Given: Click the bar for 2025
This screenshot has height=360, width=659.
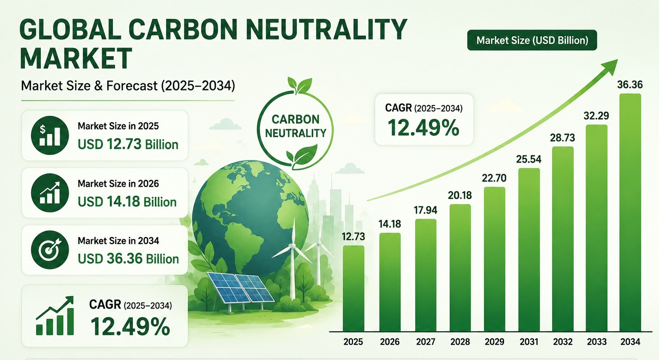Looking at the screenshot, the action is pos(354,288).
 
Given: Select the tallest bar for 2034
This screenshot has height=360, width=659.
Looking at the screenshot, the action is pos(630,213).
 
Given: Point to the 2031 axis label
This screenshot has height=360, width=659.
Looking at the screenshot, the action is pos(529,342).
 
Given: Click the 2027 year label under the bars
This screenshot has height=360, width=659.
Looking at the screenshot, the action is pos(426,342).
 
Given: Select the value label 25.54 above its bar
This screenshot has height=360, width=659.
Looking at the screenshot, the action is pos(529,159).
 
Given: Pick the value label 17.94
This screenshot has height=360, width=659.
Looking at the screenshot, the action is pos(426,210).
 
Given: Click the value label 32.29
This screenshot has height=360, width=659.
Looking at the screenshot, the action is pos(596,116).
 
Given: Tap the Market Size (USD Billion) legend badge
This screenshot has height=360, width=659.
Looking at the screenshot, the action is pos(532,40).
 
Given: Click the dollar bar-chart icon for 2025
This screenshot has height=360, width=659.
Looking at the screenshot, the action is pos(50,135).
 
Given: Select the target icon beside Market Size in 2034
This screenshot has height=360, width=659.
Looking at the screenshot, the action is pos(50,250).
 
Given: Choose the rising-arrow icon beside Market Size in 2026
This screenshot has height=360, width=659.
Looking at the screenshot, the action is pos(50,193).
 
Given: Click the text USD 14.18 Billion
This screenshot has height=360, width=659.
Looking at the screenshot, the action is pos(127,202).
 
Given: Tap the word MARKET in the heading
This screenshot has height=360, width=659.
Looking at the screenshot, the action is pos(76,58).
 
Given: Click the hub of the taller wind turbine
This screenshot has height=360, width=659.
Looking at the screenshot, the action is pos(293,246).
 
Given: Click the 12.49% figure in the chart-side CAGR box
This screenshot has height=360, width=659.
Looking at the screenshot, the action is pos(423,128).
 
